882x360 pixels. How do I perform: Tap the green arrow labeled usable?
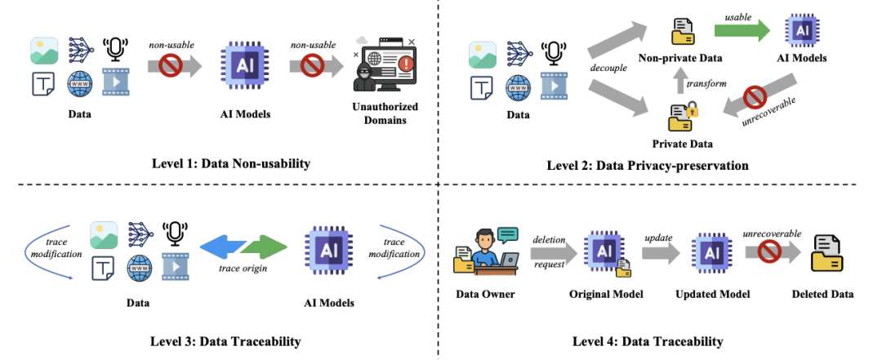coord(742,30)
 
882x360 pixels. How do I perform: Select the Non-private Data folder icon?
coord(683,31)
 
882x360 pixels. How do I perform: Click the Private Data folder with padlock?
coord(682,118)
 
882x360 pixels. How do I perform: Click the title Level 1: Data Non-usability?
coord(231,164)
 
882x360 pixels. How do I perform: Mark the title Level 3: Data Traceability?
coord(226,341)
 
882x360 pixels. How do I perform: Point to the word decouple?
coord(608,69)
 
